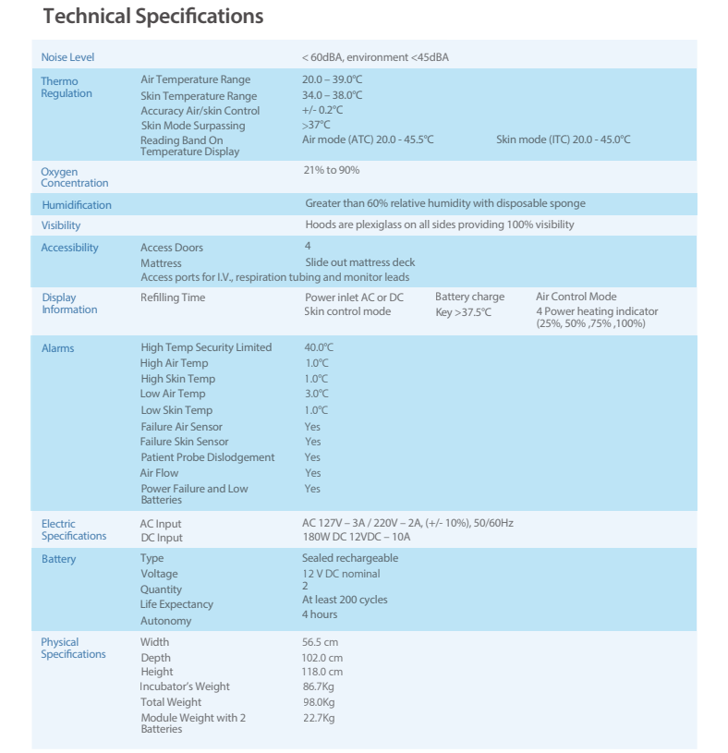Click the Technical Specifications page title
pos(153,17)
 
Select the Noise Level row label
pos(67,57)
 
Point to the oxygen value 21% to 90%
pos(331,170)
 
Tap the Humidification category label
pos(77,205)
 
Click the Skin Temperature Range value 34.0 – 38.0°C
pos(332,95)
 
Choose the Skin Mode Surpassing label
pos(192,125)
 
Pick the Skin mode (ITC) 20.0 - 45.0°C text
pos(563,140)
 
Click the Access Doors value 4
pos(308,247)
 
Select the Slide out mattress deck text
pos(360,262)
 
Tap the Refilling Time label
pos(173,298)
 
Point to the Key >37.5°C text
pos(463,312)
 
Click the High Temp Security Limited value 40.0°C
pos(319,347)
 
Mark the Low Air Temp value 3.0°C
pos(316,394)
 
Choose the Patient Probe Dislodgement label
pos(207,457)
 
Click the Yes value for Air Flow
pos(312,473)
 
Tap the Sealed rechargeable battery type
pos(350,558)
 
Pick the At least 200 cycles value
pos(345,600)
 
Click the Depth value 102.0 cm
pos(322,658)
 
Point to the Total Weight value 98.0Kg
pos(319,702)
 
